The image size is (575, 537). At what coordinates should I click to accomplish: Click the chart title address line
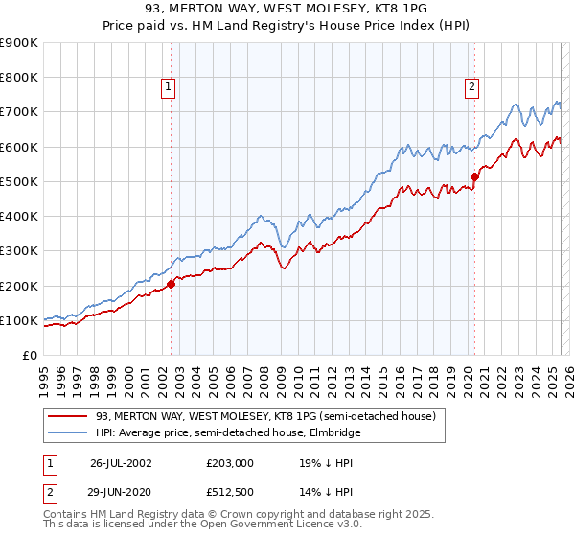[287, 11]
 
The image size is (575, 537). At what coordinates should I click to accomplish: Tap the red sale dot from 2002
[172, 284]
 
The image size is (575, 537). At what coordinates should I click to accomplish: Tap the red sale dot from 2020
[474, 176]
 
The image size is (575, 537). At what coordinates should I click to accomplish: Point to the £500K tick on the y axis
[19, 181]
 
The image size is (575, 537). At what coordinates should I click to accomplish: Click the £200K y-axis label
[19, 286]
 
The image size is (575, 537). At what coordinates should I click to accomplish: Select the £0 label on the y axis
[30, 356]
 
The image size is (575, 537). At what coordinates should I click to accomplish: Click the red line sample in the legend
[66, 416]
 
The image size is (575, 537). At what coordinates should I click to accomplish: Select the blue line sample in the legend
[66, 432]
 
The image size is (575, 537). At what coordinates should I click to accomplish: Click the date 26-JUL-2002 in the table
[121, 462]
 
